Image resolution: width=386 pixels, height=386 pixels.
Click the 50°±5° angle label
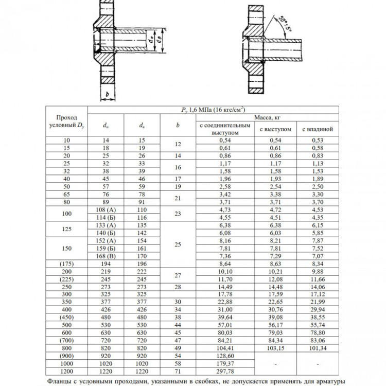coord(286,24)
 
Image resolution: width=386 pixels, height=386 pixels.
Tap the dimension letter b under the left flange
coord(108,94)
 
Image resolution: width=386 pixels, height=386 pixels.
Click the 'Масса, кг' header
coord(267,117)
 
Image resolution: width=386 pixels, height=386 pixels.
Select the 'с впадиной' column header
coord(318,129)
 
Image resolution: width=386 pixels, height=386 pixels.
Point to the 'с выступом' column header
coord(275,129)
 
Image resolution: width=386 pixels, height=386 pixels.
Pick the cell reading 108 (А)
coord(106,210)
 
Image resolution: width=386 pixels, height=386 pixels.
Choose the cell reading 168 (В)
coord(106,256)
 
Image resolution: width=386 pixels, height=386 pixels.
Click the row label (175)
coord(67,264)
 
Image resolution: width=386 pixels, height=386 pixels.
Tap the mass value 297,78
coord(225,371)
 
